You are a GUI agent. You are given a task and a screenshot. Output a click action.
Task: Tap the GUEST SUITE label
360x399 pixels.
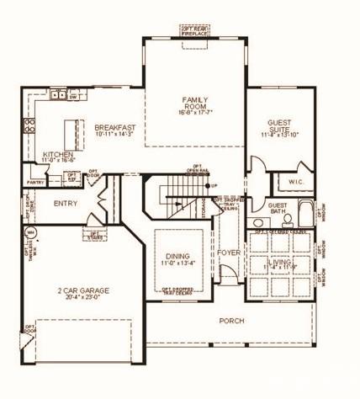[279, 125]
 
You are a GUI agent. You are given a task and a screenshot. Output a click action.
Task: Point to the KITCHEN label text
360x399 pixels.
[58, 155]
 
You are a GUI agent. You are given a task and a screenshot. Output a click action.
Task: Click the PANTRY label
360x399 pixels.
[35, 182]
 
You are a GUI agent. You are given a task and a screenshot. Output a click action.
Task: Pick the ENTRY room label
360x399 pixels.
[66, 204]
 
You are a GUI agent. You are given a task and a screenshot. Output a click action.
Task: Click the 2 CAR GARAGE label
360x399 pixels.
[83, 290]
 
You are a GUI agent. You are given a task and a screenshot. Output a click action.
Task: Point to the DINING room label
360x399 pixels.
[178, 256]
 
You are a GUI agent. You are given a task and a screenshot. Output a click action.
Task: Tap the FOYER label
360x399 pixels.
[228, 252]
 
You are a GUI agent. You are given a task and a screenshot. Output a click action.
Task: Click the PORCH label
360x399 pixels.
[230, 321]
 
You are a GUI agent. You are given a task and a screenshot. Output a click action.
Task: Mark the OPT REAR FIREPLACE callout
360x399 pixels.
[194, 30]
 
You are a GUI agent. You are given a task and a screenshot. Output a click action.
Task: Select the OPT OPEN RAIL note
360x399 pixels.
[198, 168]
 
